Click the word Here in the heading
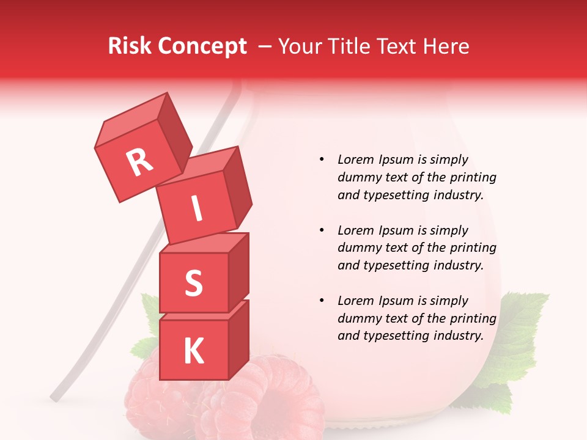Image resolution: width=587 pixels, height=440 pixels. (445, 46)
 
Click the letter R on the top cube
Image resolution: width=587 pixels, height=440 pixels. (139, 163)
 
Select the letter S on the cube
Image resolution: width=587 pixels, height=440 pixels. (193, 283)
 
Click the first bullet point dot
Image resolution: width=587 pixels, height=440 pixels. (322, 159)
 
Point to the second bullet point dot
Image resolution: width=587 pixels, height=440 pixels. (322, 230)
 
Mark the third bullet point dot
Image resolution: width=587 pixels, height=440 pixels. (322, 301)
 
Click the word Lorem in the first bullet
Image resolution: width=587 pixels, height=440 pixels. (355, 159)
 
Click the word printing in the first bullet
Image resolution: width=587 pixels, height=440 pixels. (476, 177)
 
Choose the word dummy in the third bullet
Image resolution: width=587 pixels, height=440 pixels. (356, 318)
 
